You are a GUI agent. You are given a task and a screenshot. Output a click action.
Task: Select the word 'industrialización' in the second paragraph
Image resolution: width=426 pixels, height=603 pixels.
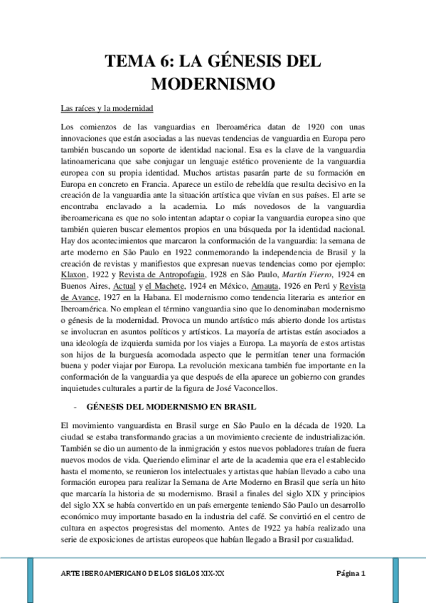pyautogui.click(x=334, y=435)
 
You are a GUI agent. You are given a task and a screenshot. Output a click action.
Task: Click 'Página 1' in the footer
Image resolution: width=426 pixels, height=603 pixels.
pyautogui.click(x=350, y=573)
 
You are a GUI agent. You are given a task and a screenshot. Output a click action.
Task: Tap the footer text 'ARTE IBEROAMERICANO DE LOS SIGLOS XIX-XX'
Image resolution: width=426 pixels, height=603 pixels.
pyautogui.click(x=146, y=573)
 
